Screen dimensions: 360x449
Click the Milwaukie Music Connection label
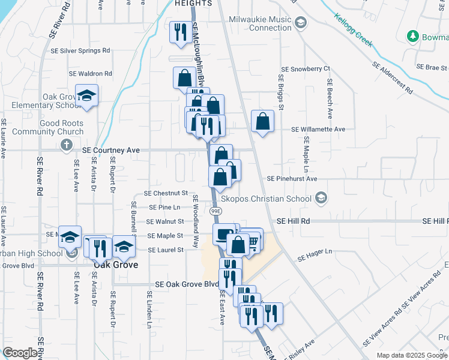pos(259,23)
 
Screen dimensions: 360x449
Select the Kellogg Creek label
pos(354,30)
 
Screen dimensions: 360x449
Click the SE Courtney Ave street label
pos(111,150)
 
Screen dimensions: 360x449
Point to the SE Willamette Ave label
pos(318,129)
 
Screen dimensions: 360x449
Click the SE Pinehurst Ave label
pos(292,179)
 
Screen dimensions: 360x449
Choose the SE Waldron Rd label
pos(91,74)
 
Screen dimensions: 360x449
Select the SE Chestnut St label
pos(166,193)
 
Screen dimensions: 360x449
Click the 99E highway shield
pos(216,211)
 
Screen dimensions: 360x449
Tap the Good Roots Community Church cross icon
pos(67,145)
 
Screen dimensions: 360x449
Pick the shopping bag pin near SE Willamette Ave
pos(262,121)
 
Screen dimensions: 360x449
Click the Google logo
pos(19,353)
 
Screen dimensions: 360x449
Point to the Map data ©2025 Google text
pos(411,355)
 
